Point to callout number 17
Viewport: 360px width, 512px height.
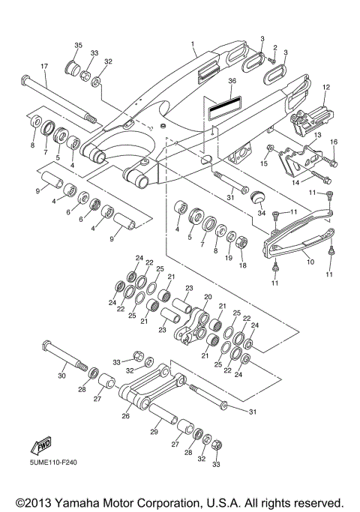tap(43, 67)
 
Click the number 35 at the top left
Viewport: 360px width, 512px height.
tap(77, 46)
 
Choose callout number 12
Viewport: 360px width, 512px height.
tap(325, 87)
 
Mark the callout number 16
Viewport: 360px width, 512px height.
tap(334, 142)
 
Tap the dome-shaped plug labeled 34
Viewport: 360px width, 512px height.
tap(259, 198)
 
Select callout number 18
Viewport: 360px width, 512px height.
tap(242, 265)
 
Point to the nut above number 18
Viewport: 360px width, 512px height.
tap(242, 244)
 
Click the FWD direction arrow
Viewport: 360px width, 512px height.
tap(38, 448)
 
